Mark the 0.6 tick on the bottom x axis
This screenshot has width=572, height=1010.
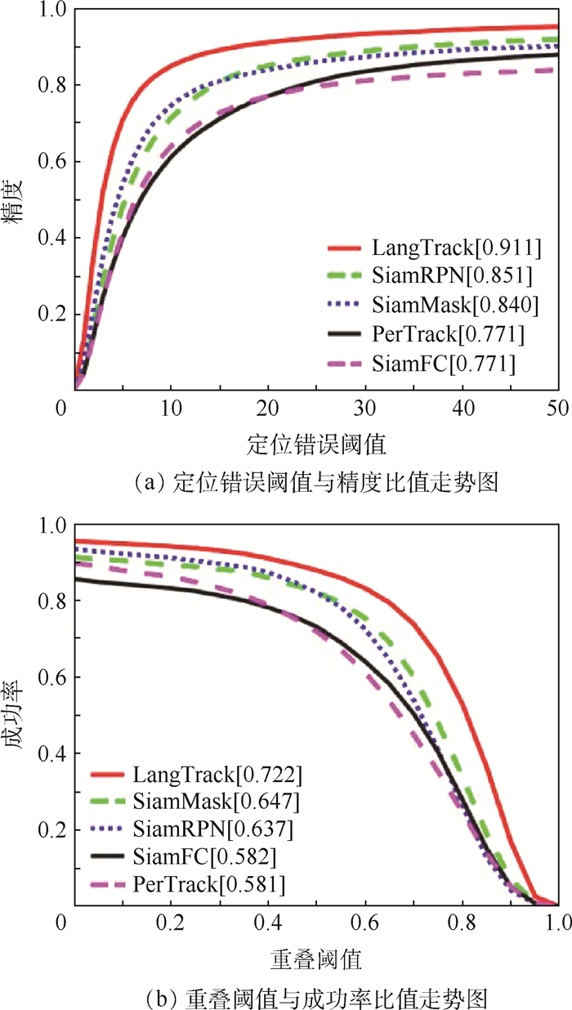[x=364, y=923]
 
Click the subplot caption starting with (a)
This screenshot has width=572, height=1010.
[x=315, y=484]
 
